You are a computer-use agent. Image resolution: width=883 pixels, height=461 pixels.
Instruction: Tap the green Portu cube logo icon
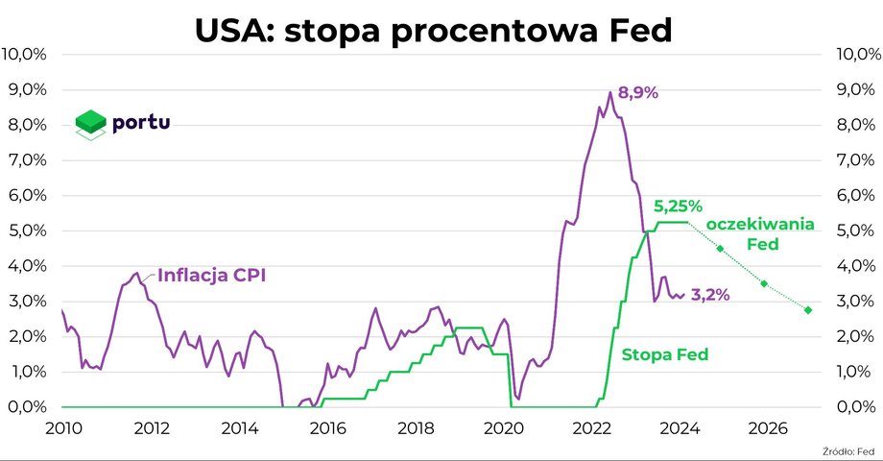(90, 125)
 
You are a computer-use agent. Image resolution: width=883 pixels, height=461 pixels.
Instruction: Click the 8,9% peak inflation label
(638, 93)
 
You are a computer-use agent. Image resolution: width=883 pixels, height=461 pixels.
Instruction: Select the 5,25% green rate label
(679, 206)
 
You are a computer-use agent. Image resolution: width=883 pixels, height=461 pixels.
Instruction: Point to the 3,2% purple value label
(710, 295)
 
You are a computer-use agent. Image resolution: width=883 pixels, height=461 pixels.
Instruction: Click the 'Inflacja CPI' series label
(211, 275)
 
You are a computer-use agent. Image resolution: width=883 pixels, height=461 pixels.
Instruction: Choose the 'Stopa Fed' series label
(665, 354)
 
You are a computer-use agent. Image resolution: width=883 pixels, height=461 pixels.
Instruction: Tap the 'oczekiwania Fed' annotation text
(759, 233)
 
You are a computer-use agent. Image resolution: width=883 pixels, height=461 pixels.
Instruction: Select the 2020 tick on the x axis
(509, 426)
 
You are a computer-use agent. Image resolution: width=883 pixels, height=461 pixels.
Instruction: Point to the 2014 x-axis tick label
(241, 426)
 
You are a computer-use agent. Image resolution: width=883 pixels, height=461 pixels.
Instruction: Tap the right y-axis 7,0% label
(853, 159)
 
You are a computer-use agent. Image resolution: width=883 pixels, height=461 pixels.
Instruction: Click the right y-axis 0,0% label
(853, 407)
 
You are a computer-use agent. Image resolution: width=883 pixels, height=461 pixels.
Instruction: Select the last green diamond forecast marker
(808, 309)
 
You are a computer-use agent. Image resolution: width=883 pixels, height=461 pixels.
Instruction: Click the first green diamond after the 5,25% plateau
(720, 249)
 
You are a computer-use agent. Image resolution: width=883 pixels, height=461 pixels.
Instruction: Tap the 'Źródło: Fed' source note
(849, 450)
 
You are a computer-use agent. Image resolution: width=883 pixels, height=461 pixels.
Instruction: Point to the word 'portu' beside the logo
(141, 123)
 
